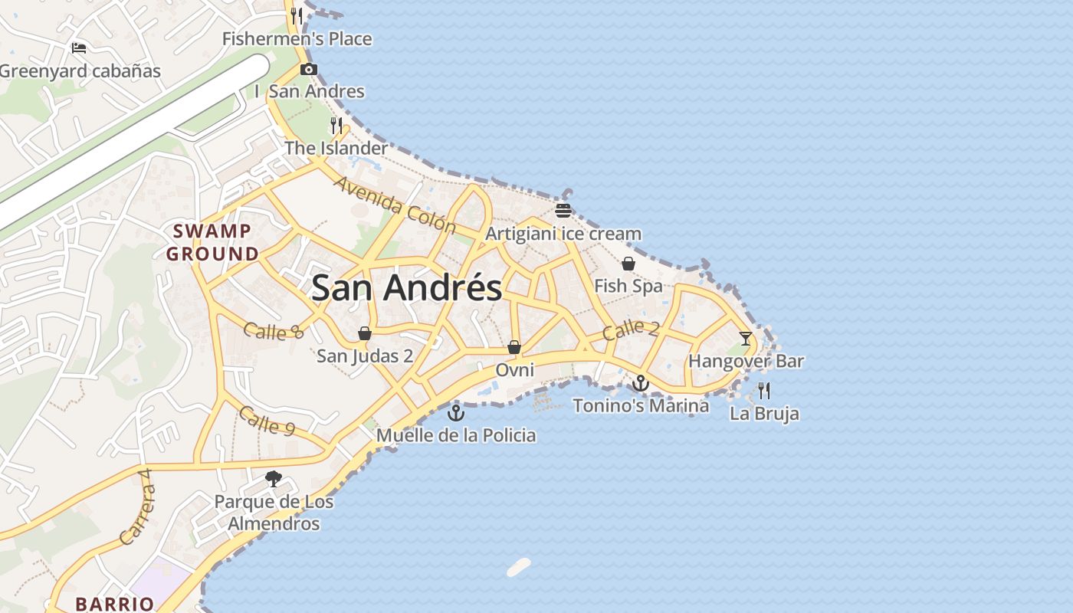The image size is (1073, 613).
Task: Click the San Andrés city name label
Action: tap(406, 288)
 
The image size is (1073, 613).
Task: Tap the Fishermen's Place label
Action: tap(297, 39)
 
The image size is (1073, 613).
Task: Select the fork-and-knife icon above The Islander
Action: tap(336, 125)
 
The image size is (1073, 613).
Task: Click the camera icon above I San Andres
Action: tap(309, 70)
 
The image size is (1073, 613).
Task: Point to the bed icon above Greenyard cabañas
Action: tap(79, 48)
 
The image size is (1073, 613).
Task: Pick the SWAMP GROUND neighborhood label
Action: tap(212, 242)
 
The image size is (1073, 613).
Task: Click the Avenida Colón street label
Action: tap(395, 204)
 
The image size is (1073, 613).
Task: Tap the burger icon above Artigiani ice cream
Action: tap(563, 211)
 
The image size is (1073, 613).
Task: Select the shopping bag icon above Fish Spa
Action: tap(628, 264)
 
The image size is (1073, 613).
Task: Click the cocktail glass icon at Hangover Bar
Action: tap(745, 338)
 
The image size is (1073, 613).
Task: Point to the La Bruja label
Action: tap(764, 414)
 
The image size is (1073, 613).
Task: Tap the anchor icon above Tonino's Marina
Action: tap(641, 382)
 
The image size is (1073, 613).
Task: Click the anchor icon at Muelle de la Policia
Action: tap(456, 412)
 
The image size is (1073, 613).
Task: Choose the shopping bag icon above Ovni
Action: tap(514, 347)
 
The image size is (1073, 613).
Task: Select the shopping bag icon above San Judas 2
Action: tap(365, 333)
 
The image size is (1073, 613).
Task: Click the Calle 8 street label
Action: tap(274, 331)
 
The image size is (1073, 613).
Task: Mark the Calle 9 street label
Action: tap(267, 421)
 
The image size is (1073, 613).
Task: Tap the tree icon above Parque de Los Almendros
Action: tap(274, 480)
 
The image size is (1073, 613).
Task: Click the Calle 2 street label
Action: tap(630, 330)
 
